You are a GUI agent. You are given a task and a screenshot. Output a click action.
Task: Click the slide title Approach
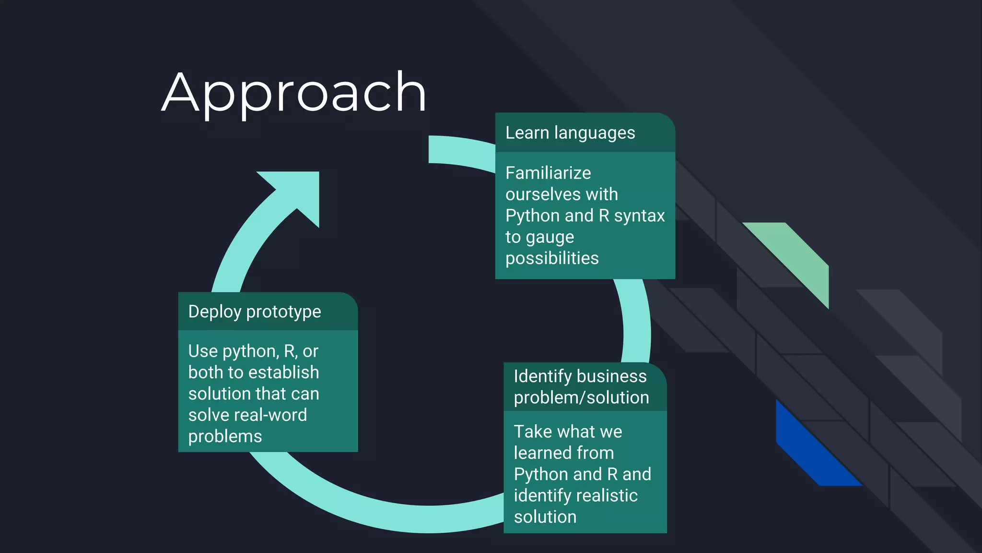pos(293,92)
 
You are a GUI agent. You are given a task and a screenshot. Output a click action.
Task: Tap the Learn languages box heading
pos(570,132)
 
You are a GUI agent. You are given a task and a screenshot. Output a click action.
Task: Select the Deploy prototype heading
pos(255,312)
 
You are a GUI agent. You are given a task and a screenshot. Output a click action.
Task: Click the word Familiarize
pos(548,173)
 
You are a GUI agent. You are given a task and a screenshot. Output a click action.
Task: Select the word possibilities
pos(552,258)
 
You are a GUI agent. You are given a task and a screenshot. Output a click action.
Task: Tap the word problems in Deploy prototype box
pos(225,436)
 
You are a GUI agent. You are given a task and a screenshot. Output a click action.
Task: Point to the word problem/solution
pos(581,397)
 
